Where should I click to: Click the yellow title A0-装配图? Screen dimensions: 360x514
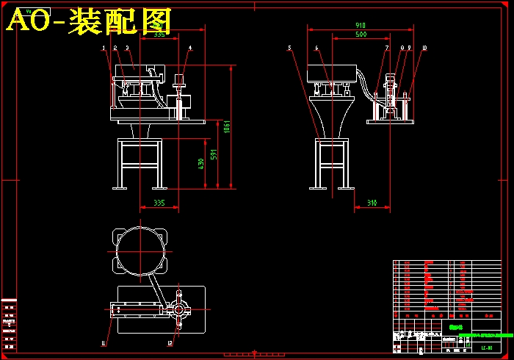[88, 21]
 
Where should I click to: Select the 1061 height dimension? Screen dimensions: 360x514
[228, 126]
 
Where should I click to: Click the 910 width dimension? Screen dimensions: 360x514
[361, 26]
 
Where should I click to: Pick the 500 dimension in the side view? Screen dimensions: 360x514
[361, 35]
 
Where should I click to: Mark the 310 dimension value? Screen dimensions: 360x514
[372, 203]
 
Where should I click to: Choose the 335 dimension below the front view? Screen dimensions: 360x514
[159, 202]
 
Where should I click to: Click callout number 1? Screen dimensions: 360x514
[104, 48]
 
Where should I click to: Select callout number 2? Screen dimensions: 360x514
[115, 48]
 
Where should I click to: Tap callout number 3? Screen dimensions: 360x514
[127, 48]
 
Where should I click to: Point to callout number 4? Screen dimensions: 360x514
[190, 48]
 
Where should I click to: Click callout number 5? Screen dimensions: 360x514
[290, 48]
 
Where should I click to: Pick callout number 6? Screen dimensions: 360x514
[317, 48]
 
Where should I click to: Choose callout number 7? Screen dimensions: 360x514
[387, 48]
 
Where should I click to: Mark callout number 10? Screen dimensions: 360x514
[424, 48]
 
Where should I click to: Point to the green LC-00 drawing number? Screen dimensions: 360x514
[486, 348]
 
